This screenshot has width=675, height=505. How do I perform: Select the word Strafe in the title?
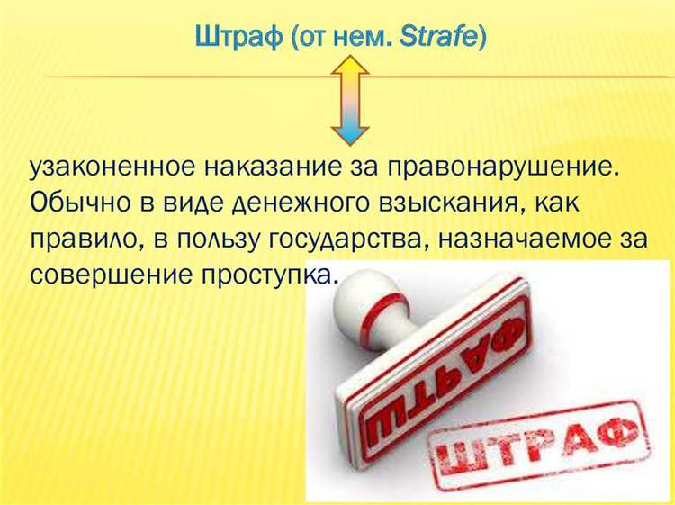441,40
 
